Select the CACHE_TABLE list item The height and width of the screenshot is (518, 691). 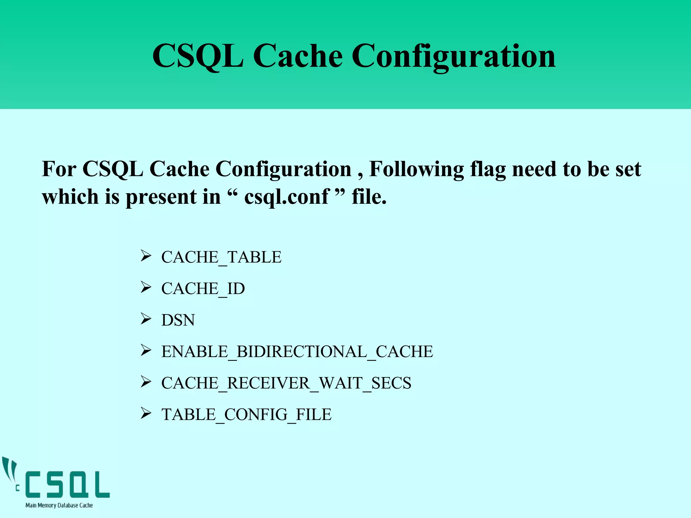(x=221, y=257)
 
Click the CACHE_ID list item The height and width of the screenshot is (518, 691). (x=203, y=289)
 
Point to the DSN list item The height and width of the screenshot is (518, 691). (x=178, y=320)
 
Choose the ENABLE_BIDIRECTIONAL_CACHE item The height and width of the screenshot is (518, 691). (x=297, y=352)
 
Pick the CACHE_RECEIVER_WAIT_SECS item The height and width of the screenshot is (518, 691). (x=286, y=383)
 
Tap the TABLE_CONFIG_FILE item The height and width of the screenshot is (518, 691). (x=246, y=414)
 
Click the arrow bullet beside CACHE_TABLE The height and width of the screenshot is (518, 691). (x=146, y=256)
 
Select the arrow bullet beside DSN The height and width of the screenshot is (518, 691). (x=146, y=319)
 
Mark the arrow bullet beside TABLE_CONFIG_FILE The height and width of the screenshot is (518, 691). (x=146, y=413)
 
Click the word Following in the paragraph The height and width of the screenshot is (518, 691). (x=416, y=169)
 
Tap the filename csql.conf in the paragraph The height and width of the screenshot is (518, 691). (x=286, y=197)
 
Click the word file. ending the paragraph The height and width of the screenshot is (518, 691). (x=369, y=197)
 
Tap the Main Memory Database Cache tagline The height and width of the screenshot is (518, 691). (x=59, y=505)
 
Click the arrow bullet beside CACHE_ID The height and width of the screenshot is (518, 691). (x=146, y=287)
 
